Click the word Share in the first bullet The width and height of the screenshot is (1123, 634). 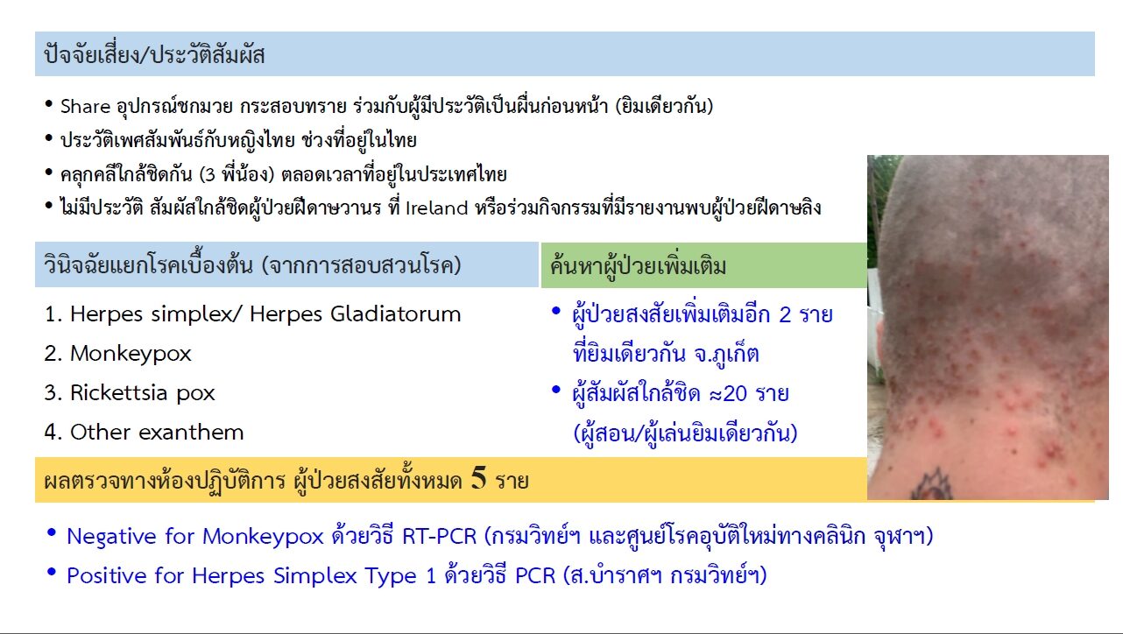(x=85, y=106)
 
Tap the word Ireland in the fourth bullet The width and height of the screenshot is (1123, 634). (x=436, y=208)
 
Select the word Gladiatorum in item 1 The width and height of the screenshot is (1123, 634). (x=396, y=314)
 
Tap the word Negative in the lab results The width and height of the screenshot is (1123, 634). (x=112, y=537)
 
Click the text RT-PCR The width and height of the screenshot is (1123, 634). (x=439, y=536)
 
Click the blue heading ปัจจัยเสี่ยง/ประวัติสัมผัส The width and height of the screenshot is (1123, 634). (x=154, y=54)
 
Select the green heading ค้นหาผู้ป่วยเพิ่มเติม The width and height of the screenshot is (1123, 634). (x=638, y=265)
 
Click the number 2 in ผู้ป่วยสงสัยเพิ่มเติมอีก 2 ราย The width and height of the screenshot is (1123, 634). (x=785, y=314)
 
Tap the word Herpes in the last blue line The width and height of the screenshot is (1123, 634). (x=228, y=576)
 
